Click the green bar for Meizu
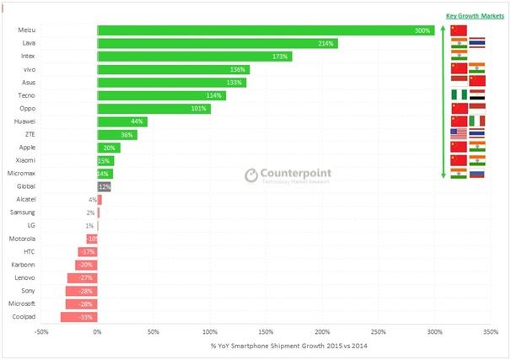point(266,30)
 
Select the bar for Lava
point(218,43)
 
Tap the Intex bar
point(195,56)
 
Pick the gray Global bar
point(105,185)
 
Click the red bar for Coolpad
point(78,317)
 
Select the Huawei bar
point(122,121)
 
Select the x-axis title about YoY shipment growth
point(270,346)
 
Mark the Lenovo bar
point(83,277)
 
